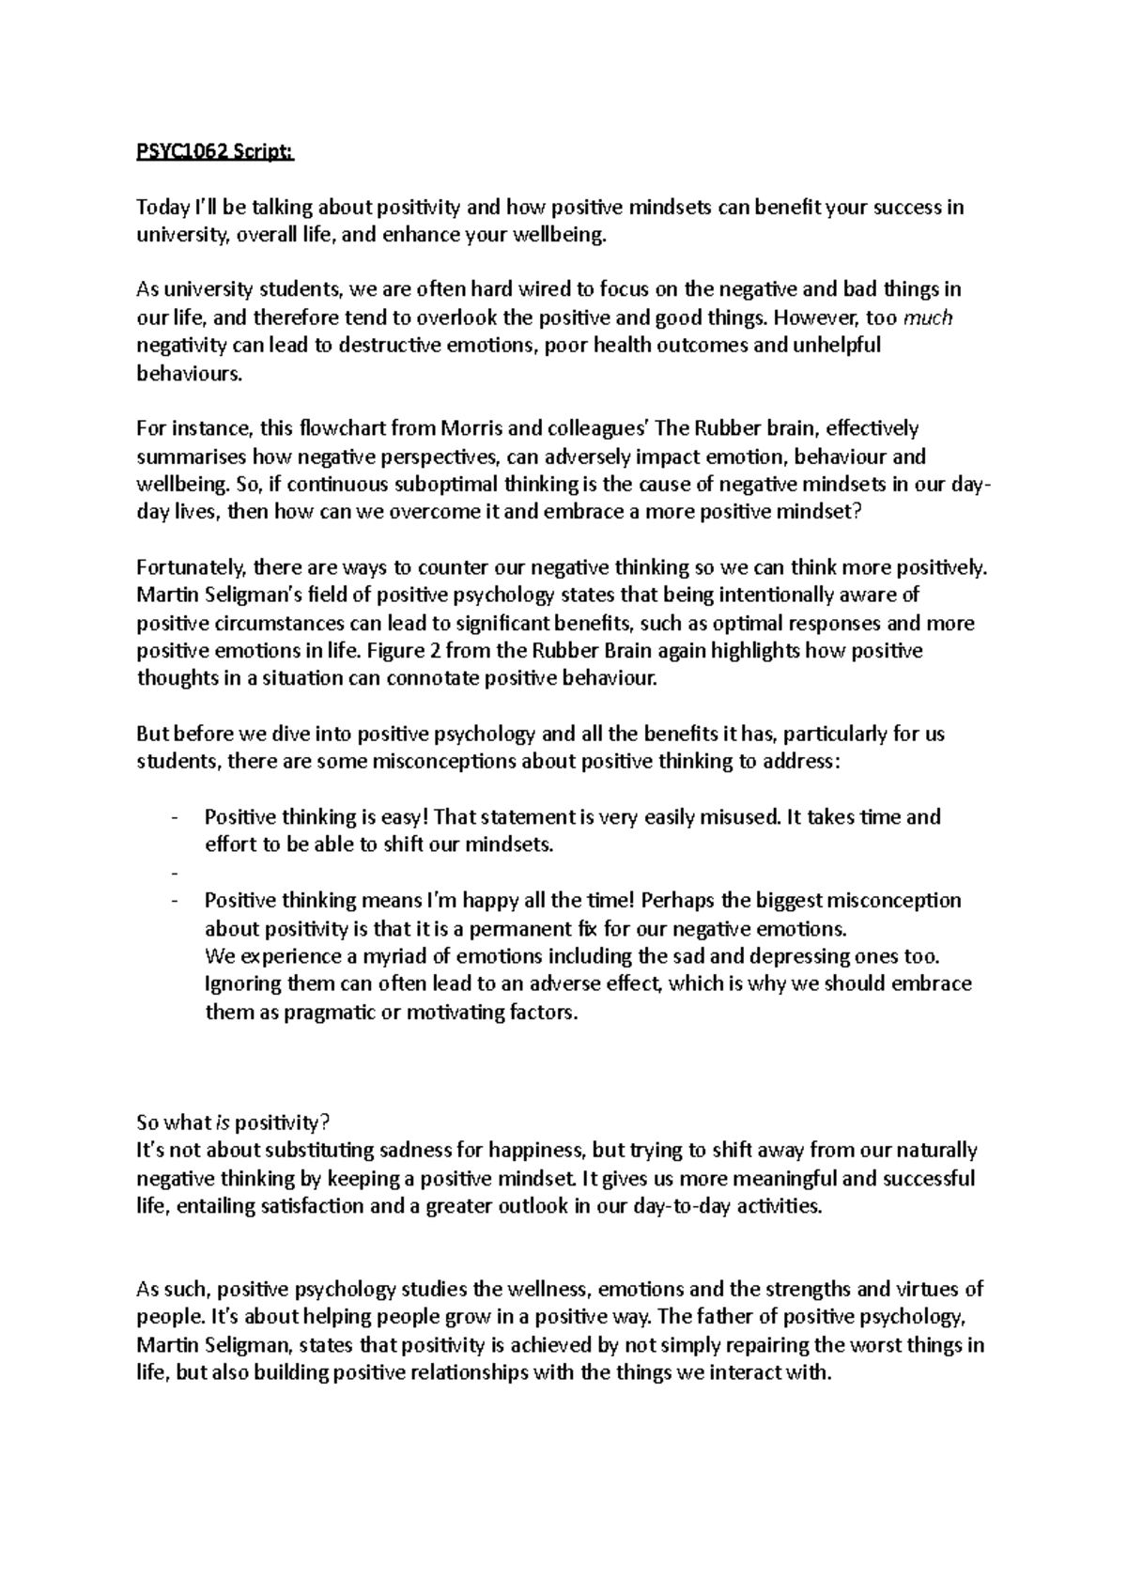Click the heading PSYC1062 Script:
(x=215, y=152)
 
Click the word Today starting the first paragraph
(x=162, y=208)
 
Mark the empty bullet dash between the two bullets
(x=175, y=874)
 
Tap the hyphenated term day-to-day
(x=670, y=1206)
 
